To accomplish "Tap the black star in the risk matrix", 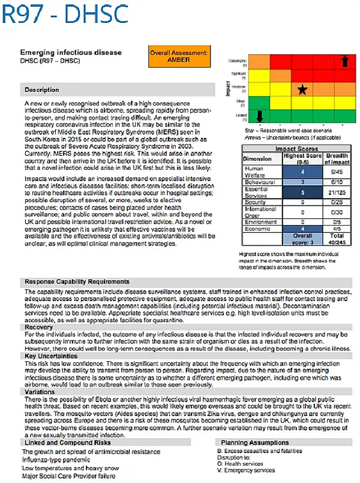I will [x=302, y=89].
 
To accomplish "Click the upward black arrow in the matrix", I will [x=344, y=61].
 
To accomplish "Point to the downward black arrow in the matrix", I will [x=260, y=116].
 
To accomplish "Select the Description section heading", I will [x=42, y=90].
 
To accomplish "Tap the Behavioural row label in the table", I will [x=260, y=182].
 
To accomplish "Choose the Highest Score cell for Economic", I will [x=302, y=229].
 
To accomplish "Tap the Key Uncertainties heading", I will [x=46, y=356].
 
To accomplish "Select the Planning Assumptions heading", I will [x=247, y=442].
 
